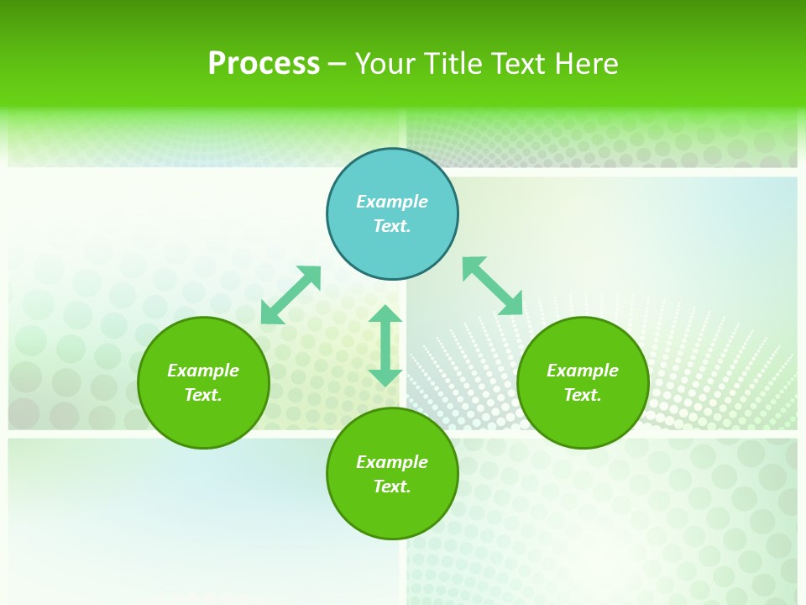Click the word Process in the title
(x=264, y=64)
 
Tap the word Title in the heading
(x=458, y=64)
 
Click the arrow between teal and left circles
(x=290, y=295)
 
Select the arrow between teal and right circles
(x=492, y=286)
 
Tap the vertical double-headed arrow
(x=385, y=345)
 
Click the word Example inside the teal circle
(x=392, y=202)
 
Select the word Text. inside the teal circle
(x=392, y=226)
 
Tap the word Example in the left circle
(x=203, y=371)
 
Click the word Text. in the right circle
(x=583, y=395)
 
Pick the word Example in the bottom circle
(x=392, y=462)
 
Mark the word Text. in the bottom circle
(x=392, y=487)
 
